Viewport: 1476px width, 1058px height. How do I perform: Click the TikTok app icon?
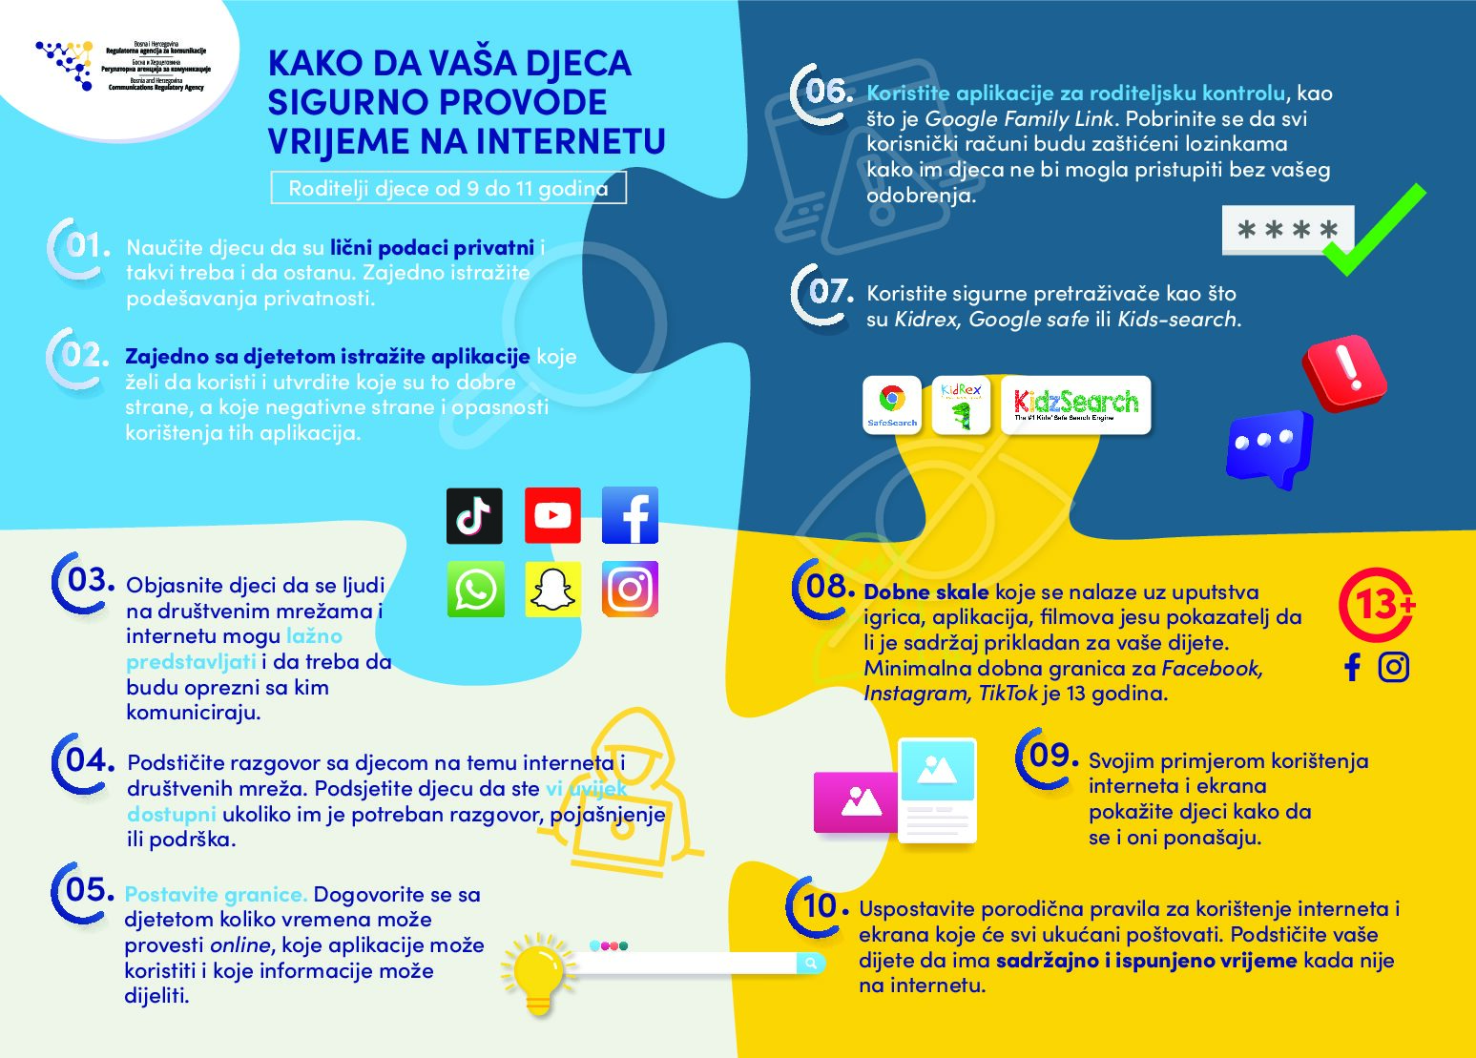474,516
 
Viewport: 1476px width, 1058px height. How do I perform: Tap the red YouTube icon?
552,516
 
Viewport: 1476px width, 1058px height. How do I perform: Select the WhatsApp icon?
475,590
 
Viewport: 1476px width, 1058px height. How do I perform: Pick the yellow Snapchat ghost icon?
552,590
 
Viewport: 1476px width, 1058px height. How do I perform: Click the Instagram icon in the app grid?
630,590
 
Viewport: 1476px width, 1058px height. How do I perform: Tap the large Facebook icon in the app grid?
630,516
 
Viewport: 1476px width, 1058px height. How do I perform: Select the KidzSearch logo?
1081,405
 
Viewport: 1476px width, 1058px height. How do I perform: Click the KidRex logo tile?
961,405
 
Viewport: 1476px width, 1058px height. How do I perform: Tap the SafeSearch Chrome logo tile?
892,405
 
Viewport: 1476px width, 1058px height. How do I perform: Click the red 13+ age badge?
1375,605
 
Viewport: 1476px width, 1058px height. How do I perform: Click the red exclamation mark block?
1344,371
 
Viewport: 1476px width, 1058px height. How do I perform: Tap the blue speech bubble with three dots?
1269,447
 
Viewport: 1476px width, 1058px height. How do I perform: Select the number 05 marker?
84,891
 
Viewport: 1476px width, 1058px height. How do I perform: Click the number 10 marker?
818,905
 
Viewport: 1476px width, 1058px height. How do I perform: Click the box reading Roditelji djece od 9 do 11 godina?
448,188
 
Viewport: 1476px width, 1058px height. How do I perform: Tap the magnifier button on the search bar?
810,963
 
